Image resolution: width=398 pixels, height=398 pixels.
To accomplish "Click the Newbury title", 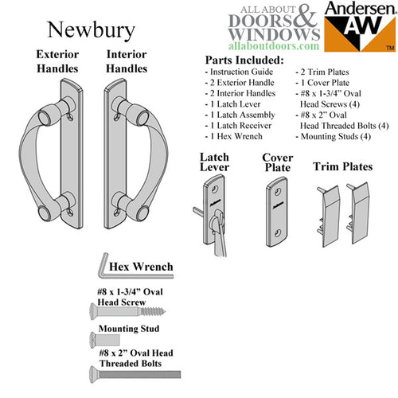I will point(90,29).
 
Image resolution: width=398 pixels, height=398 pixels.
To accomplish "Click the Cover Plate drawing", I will point(277,208).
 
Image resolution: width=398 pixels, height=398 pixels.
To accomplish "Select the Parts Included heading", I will point(244,60).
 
